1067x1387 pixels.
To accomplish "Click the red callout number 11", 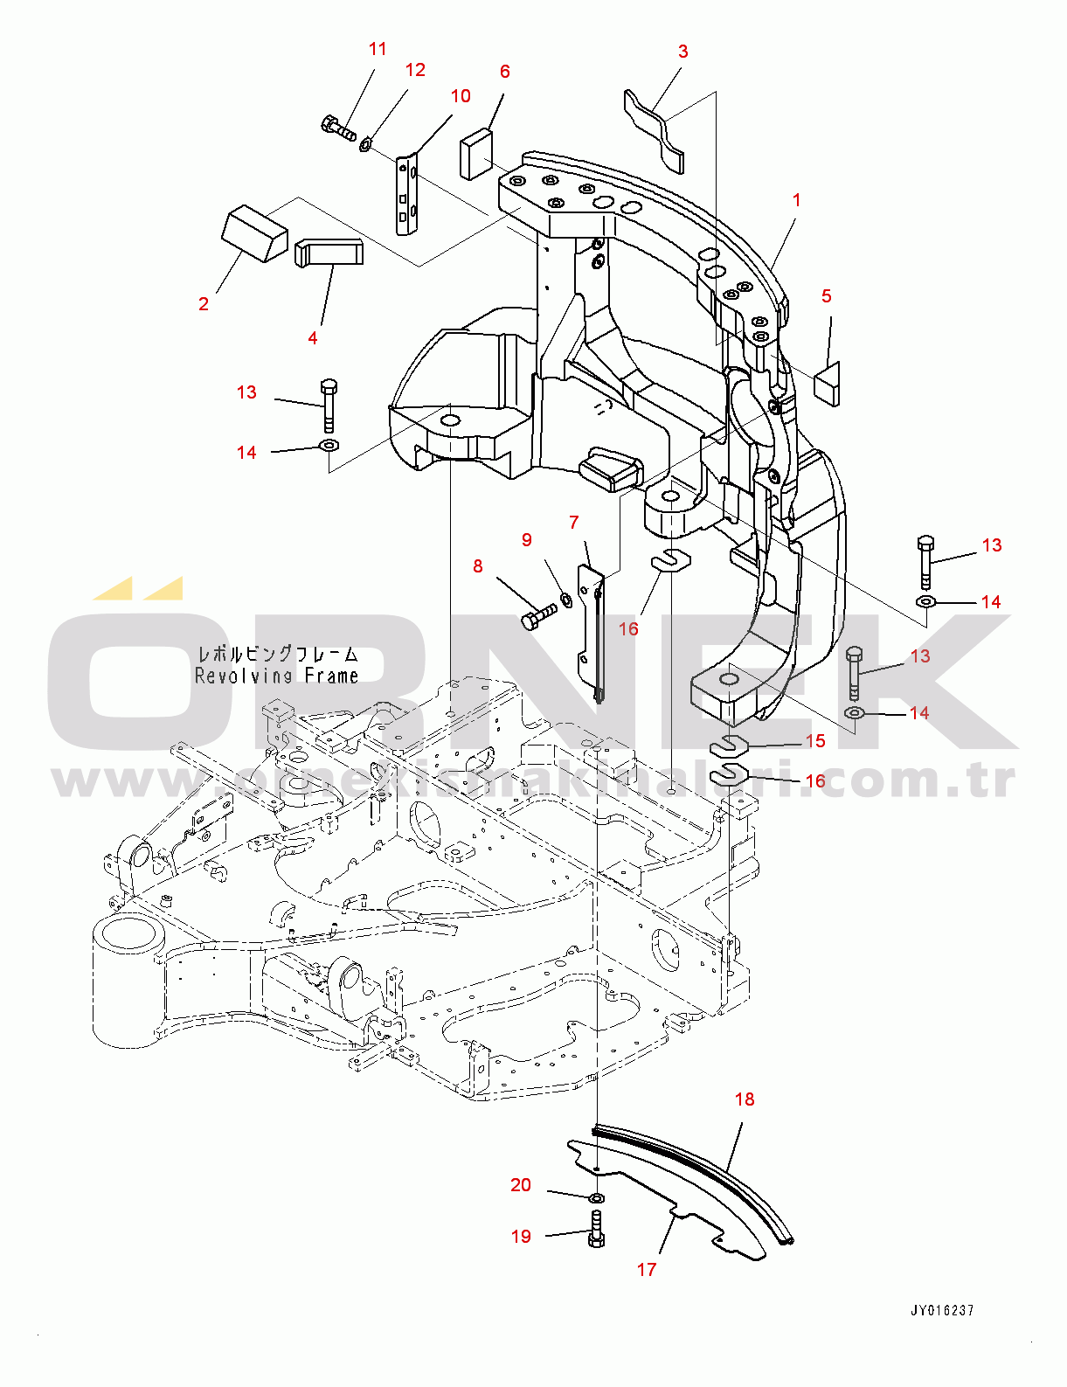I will pyautogui.click(x=378, y=49).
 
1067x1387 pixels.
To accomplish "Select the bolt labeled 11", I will pyautogui.click(x=337, y=128).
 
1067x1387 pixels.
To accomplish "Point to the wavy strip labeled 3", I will pyautogui.click(x=654, y=127).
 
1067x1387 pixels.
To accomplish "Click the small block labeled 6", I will pyautogui.click(x=476, y=153).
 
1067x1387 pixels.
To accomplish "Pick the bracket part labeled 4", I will pyautogui.click(x=329, y=253).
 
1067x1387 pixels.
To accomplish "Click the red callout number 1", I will pyautogui.click(x=796, y=200).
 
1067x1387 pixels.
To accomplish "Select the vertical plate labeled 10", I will pyautogui.click(x=406, y=195).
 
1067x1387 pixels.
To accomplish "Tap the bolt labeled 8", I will pyautogui.click(x=538, y=615).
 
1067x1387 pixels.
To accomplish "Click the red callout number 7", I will pyautogui.click(x=573, y=523).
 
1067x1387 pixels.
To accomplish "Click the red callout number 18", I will pyautogui.click(x=745, y=1099).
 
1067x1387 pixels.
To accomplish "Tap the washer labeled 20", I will pyautogui.click(x=596, y=1196).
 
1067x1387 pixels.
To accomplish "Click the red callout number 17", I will pyautogui.click(x=647, y=1269).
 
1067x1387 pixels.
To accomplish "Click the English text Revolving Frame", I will pyautogui.click(x=277, y=676).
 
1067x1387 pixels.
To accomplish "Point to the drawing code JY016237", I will pyautogui.click(x=942, y=1310).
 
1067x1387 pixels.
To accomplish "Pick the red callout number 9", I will pyautogui.click(x=526, y=540).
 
